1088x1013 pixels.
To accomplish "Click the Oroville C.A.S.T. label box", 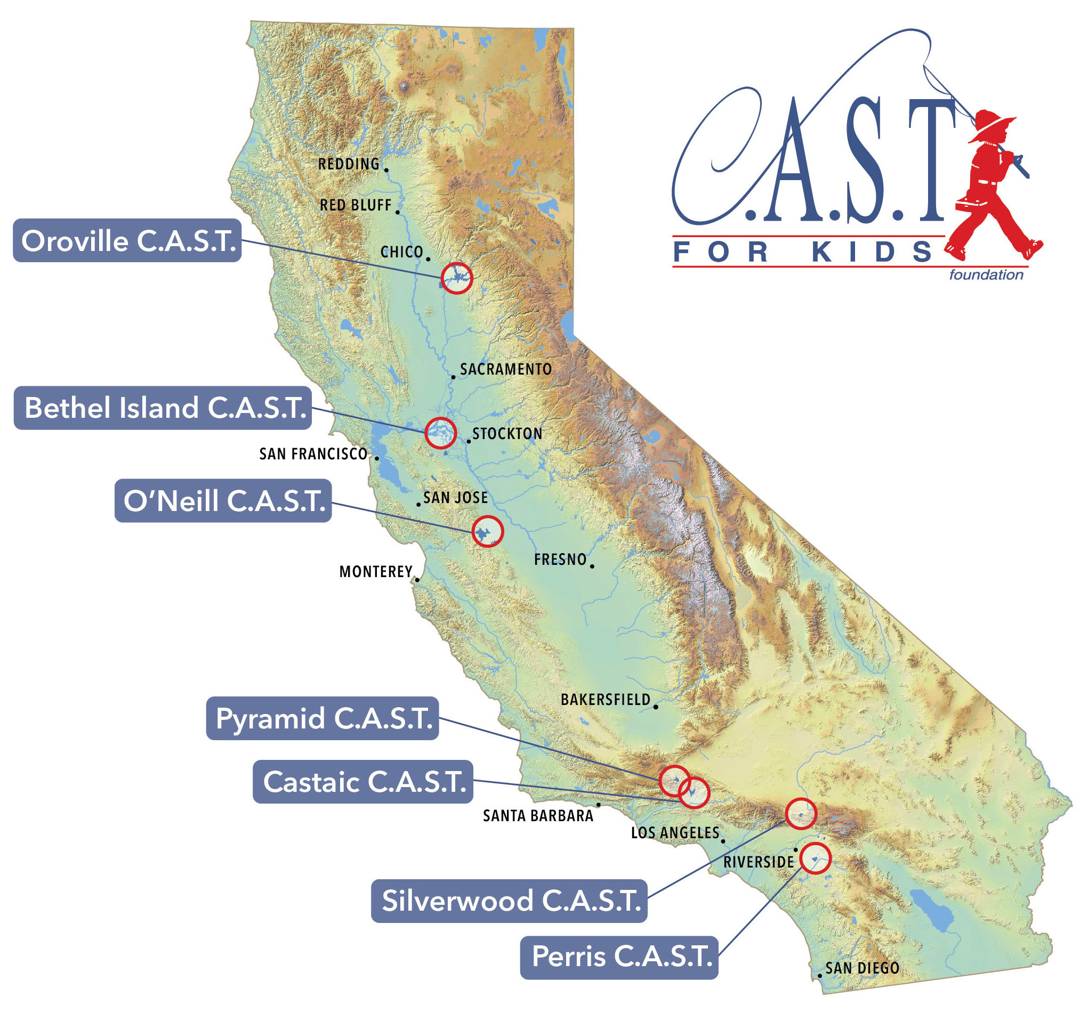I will tap(127, 241).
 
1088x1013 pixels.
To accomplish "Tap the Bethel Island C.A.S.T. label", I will tap(163, 408).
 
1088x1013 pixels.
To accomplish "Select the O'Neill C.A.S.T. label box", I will tap(223, 501).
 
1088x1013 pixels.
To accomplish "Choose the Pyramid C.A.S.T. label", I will tap(323, 718).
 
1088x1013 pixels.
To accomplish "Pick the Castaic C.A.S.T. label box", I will tap(363, 782).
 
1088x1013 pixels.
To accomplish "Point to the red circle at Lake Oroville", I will tap(457, 278).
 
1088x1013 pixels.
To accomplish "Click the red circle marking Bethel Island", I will tap(440, 433).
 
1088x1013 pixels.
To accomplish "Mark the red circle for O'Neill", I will tap(488, 531).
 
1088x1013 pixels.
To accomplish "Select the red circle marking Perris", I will tap(816, 858).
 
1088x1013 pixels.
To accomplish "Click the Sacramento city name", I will tap(506, 369).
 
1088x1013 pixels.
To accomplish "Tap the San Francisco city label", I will tap(313, 453).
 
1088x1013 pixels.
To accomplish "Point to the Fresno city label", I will tap(560, 559).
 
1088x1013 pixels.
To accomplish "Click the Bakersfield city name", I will tap(605, 700).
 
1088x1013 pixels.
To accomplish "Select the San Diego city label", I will tap(862, 968).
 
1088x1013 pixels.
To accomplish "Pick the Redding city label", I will tap(349, 164).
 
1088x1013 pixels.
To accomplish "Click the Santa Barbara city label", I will tap(538, 815).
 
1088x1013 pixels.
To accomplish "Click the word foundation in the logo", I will tap(986, 274).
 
